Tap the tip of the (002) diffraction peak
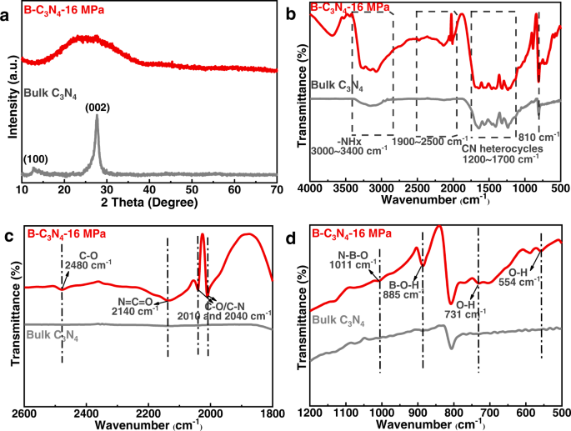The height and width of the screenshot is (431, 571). (x=97, y=117)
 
